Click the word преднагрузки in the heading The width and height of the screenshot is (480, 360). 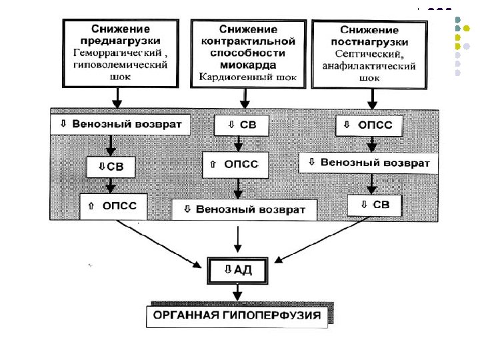[x=120, y=41]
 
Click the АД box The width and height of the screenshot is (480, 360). [x=239, y=271]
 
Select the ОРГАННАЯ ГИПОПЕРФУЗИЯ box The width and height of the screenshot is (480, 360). [x=238, y=315]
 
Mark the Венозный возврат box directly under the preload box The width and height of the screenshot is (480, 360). [x=120, y=124]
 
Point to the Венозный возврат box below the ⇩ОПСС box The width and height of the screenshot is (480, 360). [x=369, y=162]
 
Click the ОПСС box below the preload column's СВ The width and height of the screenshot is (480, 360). [x=113, y=205]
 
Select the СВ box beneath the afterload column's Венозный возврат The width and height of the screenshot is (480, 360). [x=374, y=205]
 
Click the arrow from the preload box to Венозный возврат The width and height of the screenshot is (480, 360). [x=117, y=98]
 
